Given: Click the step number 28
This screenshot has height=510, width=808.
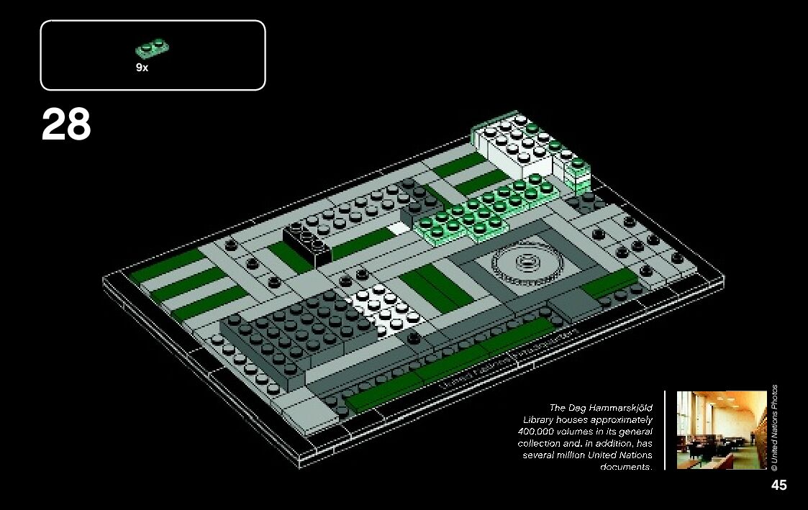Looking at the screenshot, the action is [66, 125].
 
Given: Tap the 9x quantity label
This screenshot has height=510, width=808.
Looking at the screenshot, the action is [142, 67].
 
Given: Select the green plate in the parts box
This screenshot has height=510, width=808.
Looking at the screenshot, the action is [153, 49].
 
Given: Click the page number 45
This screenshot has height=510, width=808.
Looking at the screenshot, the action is [779, 485].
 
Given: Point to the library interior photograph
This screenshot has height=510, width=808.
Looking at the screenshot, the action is [721, 429].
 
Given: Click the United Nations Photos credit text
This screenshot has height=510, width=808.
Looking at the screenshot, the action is [774, 427].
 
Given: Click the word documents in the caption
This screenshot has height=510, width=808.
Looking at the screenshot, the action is [625, 468].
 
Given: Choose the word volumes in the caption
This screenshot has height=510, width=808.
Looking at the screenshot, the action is [576, 431].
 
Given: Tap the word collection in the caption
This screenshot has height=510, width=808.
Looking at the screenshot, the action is [539, 443].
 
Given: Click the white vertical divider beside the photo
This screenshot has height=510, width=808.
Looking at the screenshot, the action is [665, 429].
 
